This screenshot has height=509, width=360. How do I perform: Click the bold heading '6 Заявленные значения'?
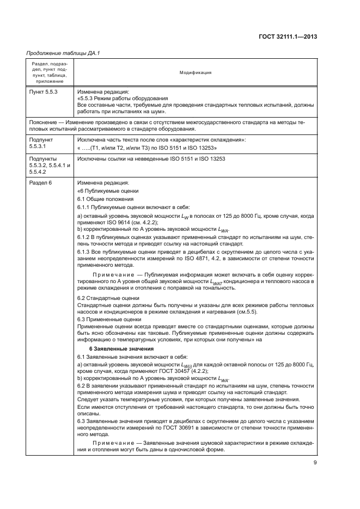point(121,348)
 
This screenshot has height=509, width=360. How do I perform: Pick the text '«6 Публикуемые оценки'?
point(108,191)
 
